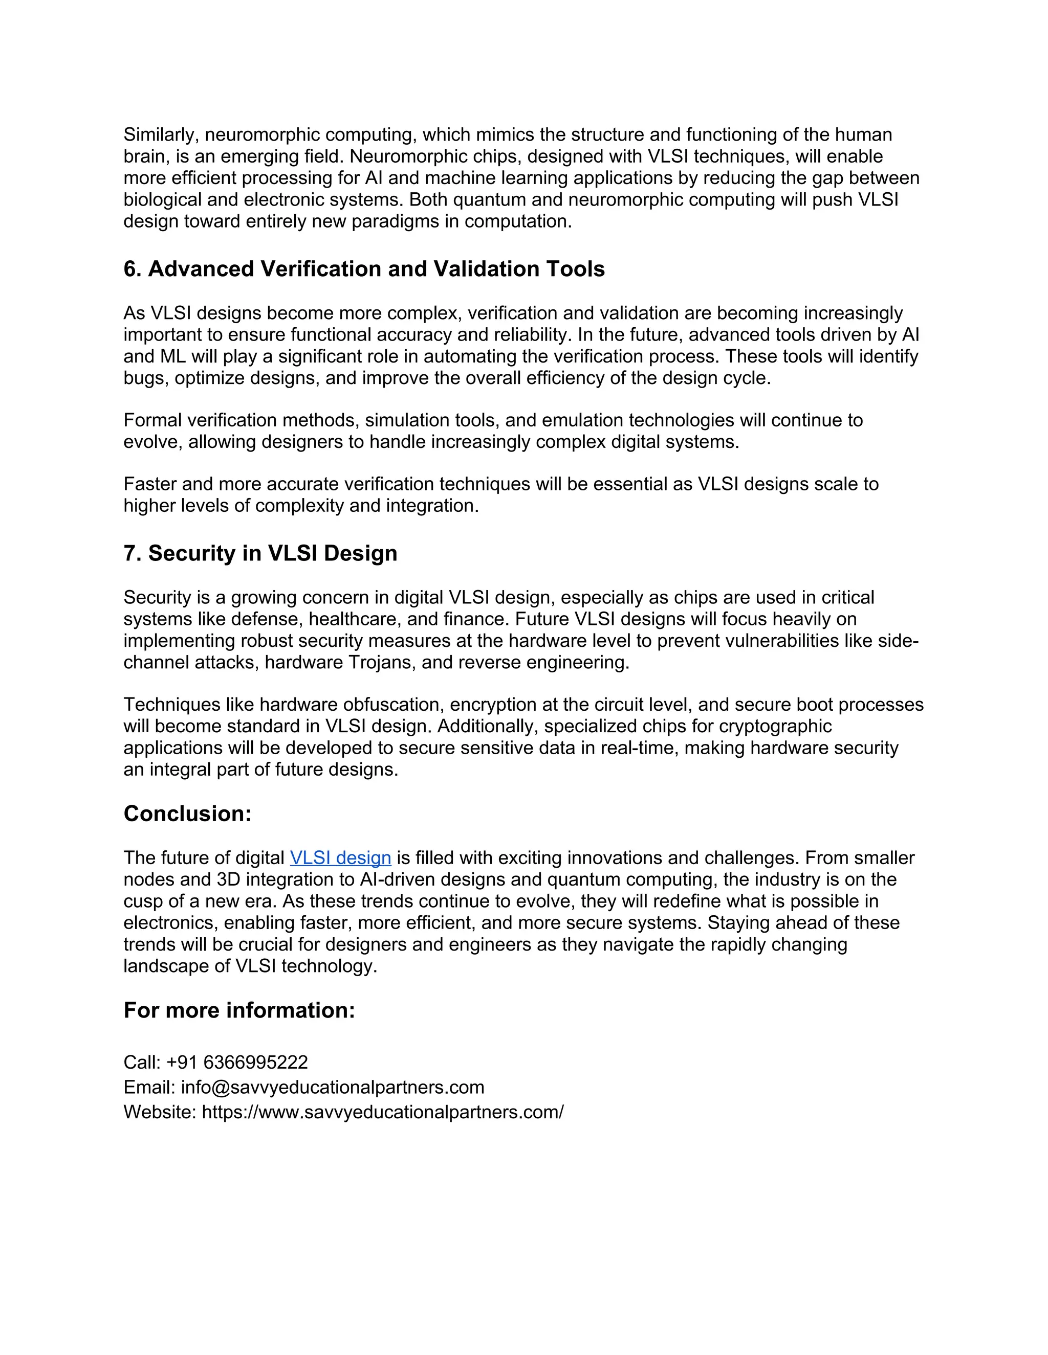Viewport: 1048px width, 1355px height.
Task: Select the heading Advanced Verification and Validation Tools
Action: click(x=364, y=269)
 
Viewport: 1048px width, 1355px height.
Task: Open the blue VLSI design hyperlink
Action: click(x=340, y=858)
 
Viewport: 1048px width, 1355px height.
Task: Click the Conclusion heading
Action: click(x=187, y=814)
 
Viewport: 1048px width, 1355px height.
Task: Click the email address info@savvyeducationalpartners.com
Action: click(x=332, y=1088)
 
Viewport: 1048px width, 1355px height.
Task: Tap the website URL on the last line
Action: click(x=382, y=1113)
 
